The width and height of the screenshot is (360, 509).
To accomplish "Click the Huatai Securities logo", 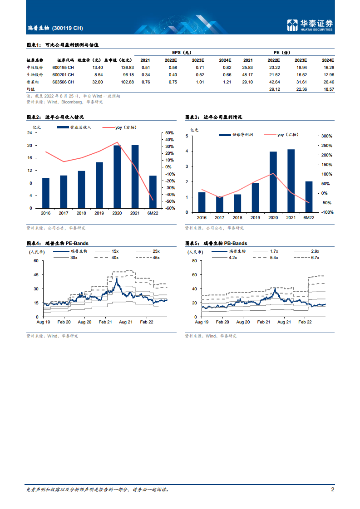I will pyautogui.click(x=310, y=25).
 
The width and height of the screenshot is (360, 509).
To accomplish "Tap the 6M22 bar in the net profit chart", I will pyautogui.click(x=309, y=196).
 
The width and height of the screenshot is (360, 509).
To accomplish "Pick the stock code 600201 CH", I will pyautogui.click(x=63, y=74).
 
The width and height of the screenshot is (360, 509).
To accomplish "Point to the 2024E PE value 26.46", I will pyautogui.click(x=327, y=82).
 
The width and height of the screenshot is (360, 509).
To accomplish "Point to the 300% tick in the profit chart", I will pyautogui.click(x=327, y=136).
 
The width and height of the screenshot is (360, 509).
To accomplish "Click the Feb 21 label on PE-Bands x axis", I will pyautogui.click(x=105, y=321).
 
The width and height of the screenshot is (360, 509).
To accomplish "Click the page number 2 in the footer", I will pyautogui.click(x=333, y=489).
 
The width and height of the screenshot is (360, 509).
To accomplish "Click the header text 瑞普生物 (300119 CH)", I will pyautogui.click(x=55, y=28).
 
